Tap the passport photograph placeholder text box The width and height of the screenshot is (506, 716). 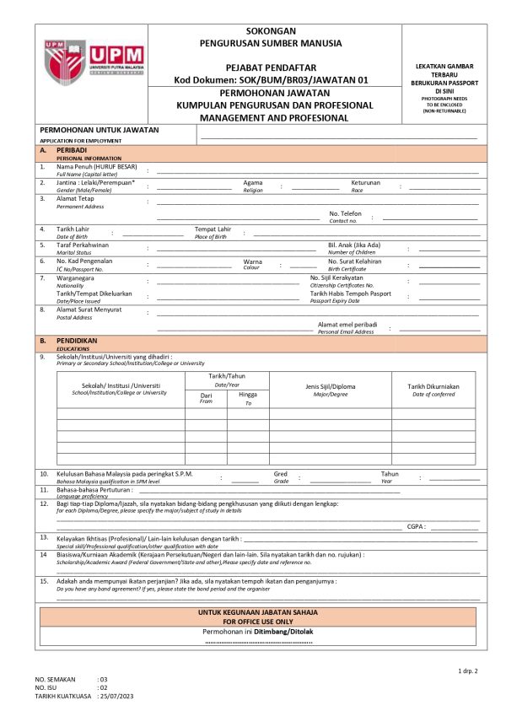click(x=448, y=87)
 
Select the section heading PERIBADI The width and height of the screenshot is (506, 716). click(x=73, y=149)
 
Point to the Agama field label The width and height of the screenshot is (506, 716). click(x=253, y=182)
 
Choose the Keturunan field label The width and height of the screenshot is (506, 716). click(x=366, y=182)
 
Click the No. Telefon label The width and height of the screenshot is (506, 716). click(x=346, y=213)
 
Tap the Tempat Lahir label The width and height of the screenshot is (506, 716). click(x=213, y=229)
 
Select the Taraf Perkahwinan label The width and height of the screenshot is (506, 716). click(x=83, y=245)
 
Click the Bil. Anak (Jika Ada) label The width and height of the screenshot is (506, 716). click(x=354, y=245)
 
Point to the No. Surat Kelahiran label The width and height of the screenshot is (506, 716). click(x=355, y=261)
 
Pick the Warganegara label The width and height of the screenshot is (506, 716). click(x=77, y=277)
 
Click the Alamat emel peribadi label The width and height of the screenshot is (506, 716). click(x=347, y=325)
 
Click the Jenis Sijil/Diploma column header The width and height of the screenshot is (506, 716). click(x=331, y=385)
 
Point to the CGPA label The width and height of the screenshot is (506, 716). click(x=415, y=525)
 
